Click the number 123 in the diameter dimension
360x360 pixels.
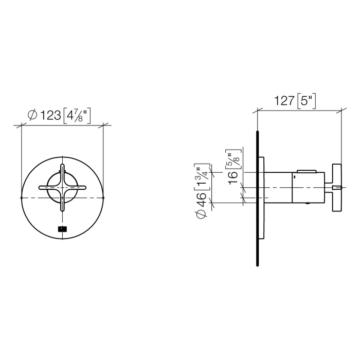click(50, 116)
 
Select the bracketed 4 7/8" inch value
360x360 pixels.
click(77, 116)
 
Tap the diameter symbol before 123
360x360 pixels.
click(31, 116)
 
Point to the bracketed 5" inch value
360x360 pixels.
click(307, 101)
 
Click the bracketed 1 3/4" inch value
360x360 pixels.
click(201, 176)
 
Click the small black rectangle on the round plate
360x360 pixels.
click(62, 230)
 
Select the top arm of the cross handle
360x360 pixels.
click(62, 173)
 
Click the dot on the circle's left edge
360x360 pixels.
click(21, 197)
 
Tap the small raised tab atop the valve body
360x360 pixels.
click(307, 170)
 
